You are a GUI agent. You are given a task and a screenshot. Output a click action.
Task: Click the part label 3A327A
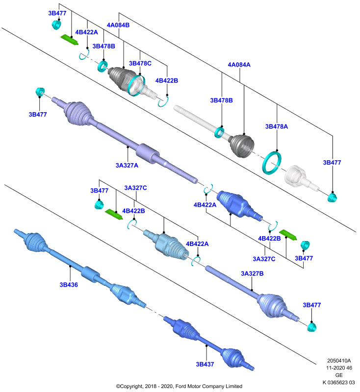tap(127, 165)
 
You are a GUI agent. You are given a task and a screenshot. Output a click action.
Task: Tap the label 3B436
tap(69, 285)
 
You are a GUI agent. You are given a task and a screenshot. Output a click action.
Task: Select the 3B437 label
tap(205, 364)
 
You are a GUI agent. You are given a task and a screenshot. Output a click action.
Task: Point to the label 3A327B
tap(252, 273)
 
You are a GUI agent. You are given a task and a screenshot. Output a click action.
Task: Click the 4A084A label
tap(239, 65)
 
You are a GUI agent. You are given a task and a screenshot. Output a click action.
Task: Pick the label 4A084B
tap(118, 25)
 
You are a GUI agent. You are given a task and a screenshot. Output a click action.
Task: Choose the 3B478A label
tap(277, 126)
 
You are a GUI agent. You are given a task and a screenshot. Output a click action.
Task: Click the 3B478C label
tap(140, 64)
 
